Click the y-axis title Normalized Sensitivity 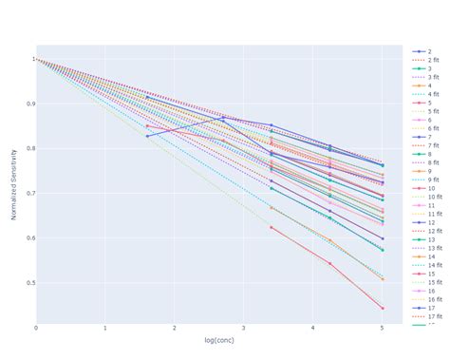[14, 183]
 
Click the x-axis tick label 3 [244, 328]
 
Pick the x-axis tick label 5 [383, 328]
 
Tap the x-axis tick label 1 [105, 328]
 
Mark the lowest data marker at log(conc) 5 [383, 309]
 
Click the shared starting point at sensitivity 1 [36, 59]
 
